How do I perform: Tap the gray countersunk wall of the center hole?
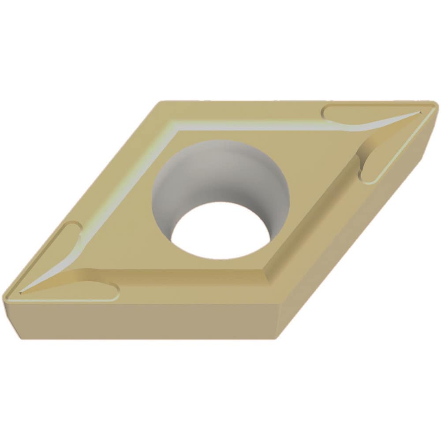point(218,172)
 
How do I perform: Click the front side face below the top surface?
point(146,320)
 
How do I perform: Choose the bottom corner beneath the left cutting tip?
point(20,337)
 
